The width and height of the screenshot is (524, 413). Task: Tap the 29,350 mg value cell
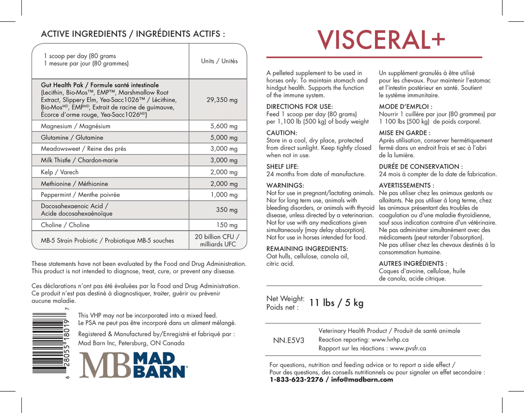(222, 100)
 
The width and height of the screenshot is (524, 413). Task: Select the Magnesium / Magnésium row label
(76, 126)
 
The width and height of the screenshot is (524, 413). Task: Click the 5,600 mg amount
(224, 126)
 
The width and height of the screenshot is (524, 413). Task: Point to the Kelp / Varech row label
(60, 172)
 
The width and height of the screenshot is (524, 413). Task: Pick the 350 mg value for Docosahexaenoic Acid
(227, 210)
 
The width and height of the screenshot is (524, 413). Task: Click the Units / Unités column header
(219, 61)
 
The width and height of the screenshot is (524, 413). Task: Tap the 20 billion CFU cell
(217, 240)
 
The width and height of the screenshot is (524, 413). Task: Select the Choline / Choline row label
(65, 225)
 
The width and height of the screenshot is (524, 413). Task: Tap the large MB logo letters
(105, 365)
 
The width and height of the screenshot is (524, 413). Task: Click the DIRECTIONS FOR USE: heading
(299, 106)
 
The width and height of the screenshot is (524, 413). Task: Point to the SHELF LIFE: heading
(282, 166)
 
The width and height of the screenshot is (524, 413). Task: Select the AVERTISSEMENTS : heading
(406, 185)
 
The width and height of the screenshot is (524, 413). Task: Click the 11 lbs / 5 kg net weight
(336, 303)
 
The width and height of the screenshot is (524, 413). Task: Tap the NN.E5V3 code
(289, 340)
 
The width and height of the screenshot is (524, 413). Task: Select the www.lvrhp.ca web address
(390, 340)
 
